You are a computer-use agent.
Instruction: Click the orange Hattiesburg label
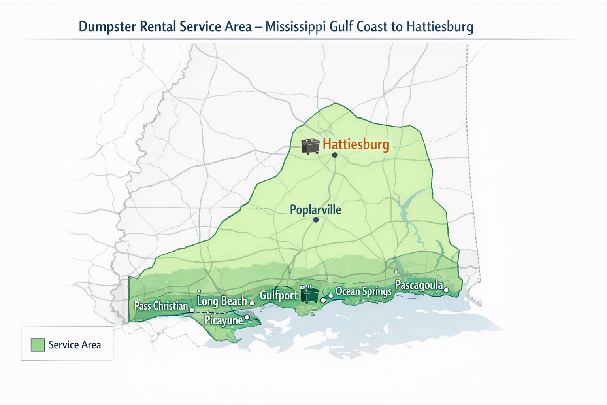pos(356,144)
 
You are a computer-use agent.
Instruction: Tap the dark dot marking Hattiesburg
pos(335,155)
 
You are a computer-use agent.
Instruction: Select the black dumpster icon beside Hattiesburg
pos(310,146)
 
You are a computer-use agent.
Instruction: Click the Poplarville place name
pos(315,210)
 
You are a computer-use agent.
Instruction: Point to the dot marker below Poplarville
pos(316,220)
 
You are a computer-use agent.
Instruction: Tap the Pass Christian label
pos(161,306)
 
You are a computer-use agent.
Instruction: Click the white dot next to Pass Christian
pos(192,310)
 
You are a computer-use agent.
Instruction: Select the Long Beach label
pos(222,301)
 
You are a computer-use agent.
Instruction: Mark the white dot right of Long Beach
pos(252,303)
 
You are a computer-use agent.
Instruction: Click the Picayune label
pos(223,320)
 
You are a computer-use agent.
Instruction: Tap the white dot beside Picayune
pos(247,317)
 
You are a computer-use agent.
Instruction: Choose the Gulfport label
pos(279,295)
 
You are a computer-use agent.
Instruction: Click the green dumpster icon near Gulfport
pos(309,295)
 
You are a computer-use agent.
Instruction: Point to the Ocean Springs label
pos(363,291)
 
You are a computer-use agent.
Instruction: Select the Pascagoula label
pos(419,285)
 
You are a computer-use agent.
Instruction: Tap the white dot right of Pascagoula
pos(446,290)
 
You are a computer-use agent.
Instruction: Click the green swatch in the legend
pos(38,344)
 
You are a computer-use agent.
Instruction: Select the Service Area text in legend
pos(75,345)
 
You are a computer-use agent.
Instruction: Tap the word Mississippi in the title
pos(296,27)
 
